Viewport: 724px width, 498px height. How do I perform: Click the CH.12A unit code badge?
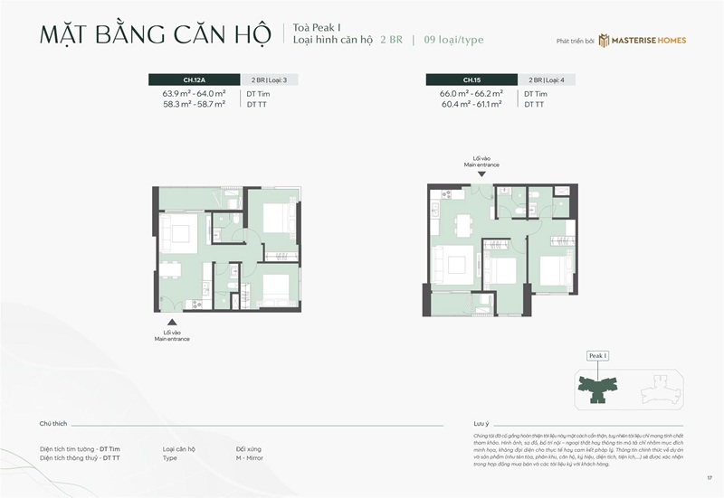coord(195,80)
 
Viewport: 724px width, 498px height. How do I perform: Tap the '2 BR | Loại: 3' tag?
coord(269,80)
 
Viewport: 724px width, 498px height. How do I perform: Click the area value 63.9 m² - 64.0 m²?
coord(194,93)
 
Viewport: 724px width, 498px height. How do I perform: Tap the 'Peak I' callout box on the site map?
coord(597,356)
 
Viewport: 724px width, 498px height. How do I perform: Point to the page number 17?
coord(710,477)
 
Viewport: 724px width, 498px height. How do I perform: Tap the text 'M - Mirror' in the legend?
coord(251,458)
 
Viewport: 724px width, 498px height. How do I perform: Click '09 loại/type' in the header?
coord(461,40)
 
